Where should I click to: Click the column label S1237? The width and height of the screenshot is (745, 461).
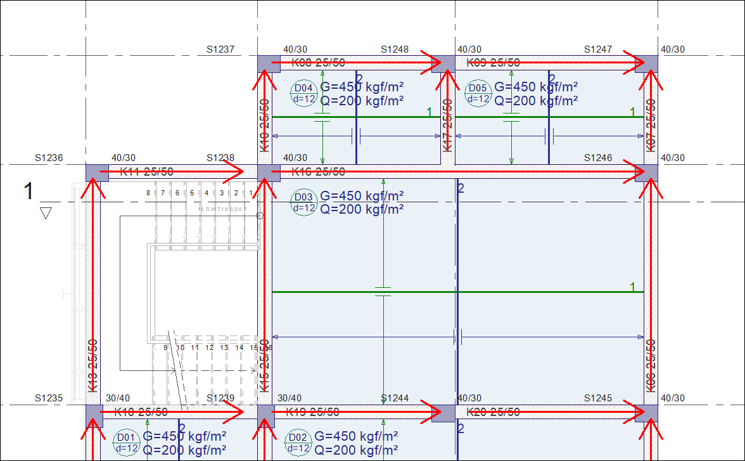coord(220,49)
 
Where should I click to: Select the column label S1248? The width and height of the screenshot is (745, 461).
coord(395,49)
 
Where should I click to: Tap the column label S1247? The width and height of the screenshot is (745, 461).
coord(598,49)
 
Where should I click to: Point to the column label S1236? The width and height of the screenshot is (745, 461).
coord(49,158)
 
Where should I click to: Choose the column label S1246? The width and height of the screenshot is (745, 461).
coord(598,158)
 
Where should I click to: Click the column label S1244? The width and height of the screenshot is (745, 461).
coord(395,399)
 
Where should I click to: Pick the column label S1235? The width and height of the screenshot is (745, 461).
coord(49,399)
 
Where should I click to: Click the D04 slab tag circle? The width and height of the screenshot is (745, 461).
coord(303,93)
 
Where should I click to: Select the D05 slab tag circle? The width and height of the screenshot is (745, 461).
coord(477,93)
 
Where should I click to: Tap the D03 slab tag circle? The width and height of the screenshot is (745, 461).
coord(303,202)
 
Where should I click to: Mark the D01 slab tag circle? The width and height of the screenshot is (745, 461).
coord(125,443)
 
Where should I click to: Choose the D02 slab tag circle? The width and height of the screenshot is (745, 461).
coord(298,443)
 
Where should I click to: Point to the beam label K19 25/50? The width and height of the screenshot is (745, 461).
coord(312,412)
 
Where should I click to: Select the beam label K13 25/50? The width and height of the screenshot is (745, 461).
coord(92,365)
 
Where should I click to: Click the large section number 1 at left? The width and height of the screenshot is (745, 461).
coord(28,191)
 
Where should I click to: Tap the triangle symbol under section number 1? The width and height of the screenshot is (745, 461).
coord(45,213)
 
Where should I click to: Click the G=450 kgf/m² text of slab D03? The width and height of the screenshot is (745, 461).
coord(362,196)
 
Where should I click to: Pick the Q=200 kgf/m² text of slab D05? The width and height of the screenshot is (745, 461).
coord(536,100)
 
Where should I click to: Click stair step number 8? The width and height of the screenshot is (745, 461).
coord(148,193)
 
